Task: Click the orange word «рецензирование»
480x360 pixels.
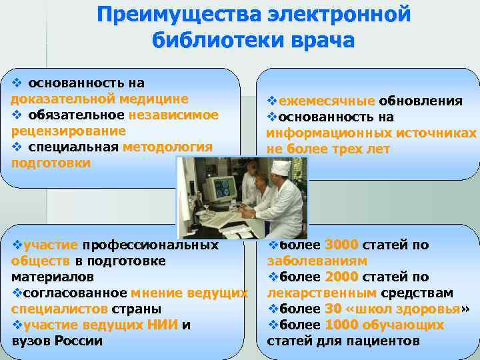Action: click(x=68, y=131)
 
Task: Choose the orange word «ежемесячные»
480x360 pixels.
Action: click(x=327, y=101)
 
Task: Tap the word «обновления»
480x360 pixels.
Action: click(x=421, y=101)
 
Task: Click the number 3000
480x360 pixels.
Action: click(x=341, y=245)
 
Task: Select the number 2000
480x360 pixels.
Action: click(x=341, y=277)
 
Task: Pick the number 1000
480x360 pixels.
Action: click(x=341, y=325)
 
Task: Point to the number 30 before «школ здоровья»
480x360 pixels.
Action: click(x=333, y=309)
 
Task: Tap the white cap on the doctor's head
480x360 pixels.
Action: click(x=281, y=167)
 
